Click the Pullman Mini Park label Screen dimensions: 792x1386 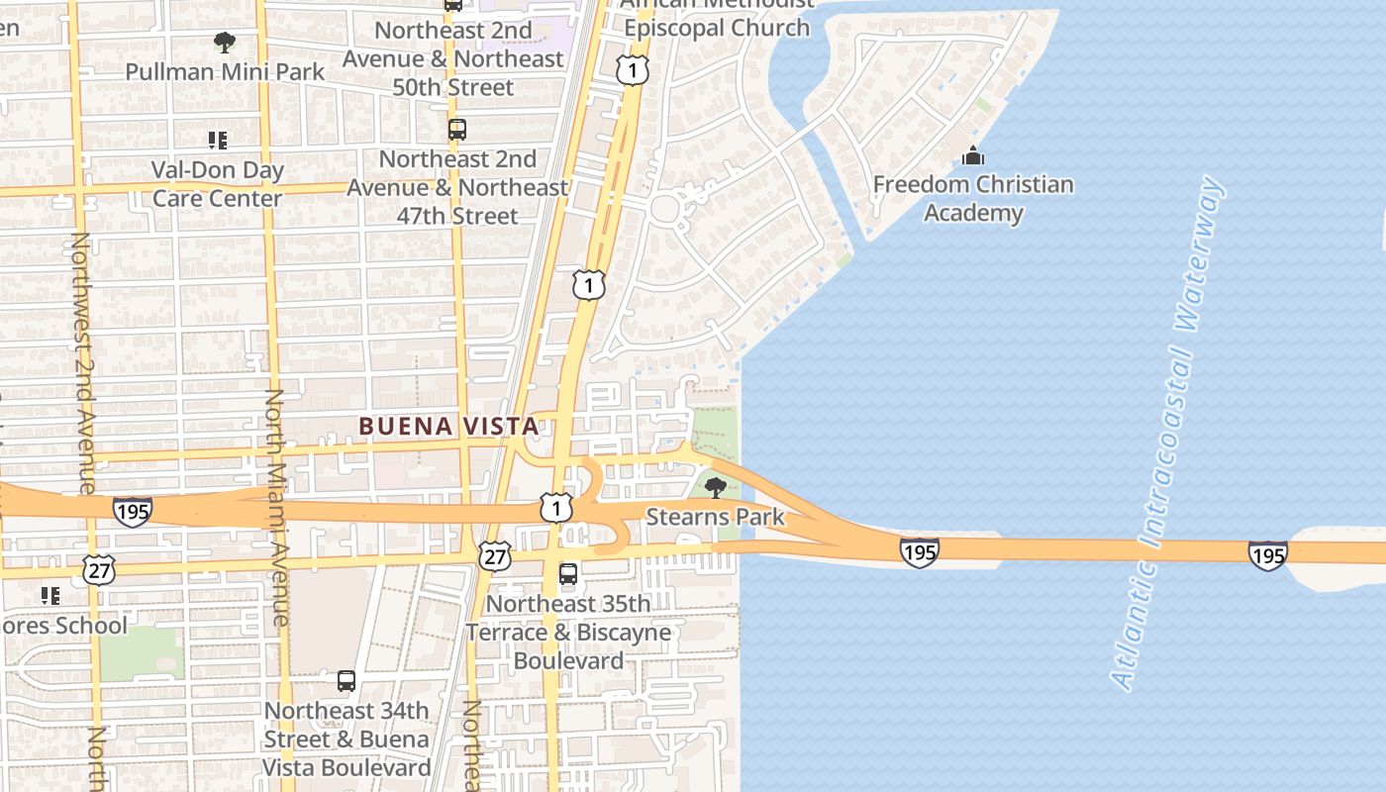pyautogui.click(x=225, y=71)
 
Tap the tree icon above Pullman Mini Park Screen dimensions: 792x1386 pyautogui.click(x=225, y=43)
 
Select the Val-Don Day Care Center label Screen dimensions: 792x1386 pyautogui.click(x=218, y=184)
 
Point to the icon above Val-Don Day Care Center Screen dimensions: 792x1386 pyautogui.click(x=218, y=141)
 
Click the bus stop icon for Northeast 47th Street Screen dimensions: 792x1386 pyautogui.click(x=456, y=130)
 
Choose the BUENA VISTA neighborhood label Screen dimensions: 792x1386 pyautogui.click(x=448, y=427)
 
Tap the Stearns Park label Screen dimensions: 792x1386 pyautogui.click(x=715, y=517)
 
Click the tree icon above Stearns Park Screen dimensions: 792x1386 pyautogui.click(x=715, y=487)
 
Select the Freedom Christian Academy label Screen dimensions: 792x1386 pyautogui.click(x=972, y=198)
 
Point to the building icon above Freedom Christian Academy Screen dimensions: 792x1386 pyautogui.click(x=972, y=156)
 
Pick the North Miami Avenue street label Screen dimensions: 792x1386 pyautogui.click(x=276, y=507)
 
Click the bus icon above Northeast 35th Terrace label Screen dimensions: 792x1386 pyautogui.click(x=568, y=574)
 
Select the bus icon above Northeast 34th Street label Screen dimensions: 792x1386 pyautogui.click(x=346, y=681)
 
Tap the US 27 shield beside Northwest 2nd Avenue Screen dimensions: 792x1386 pyautogui.click(x=100, y=569)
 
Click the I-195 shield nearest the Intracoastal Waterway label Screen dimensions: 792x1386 pyautogui.click(x=1267, y=554)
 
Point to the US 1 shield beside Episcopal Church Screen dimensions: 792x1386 pyautogui.click(x=633, y=69)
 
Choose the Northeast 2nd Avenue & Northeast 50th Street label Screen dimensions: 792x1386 pyautogui.click(x=453, y=58)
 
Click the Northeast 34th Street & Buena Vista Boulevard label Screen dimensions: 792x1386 pyautogui.click(x=346, y=739)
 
